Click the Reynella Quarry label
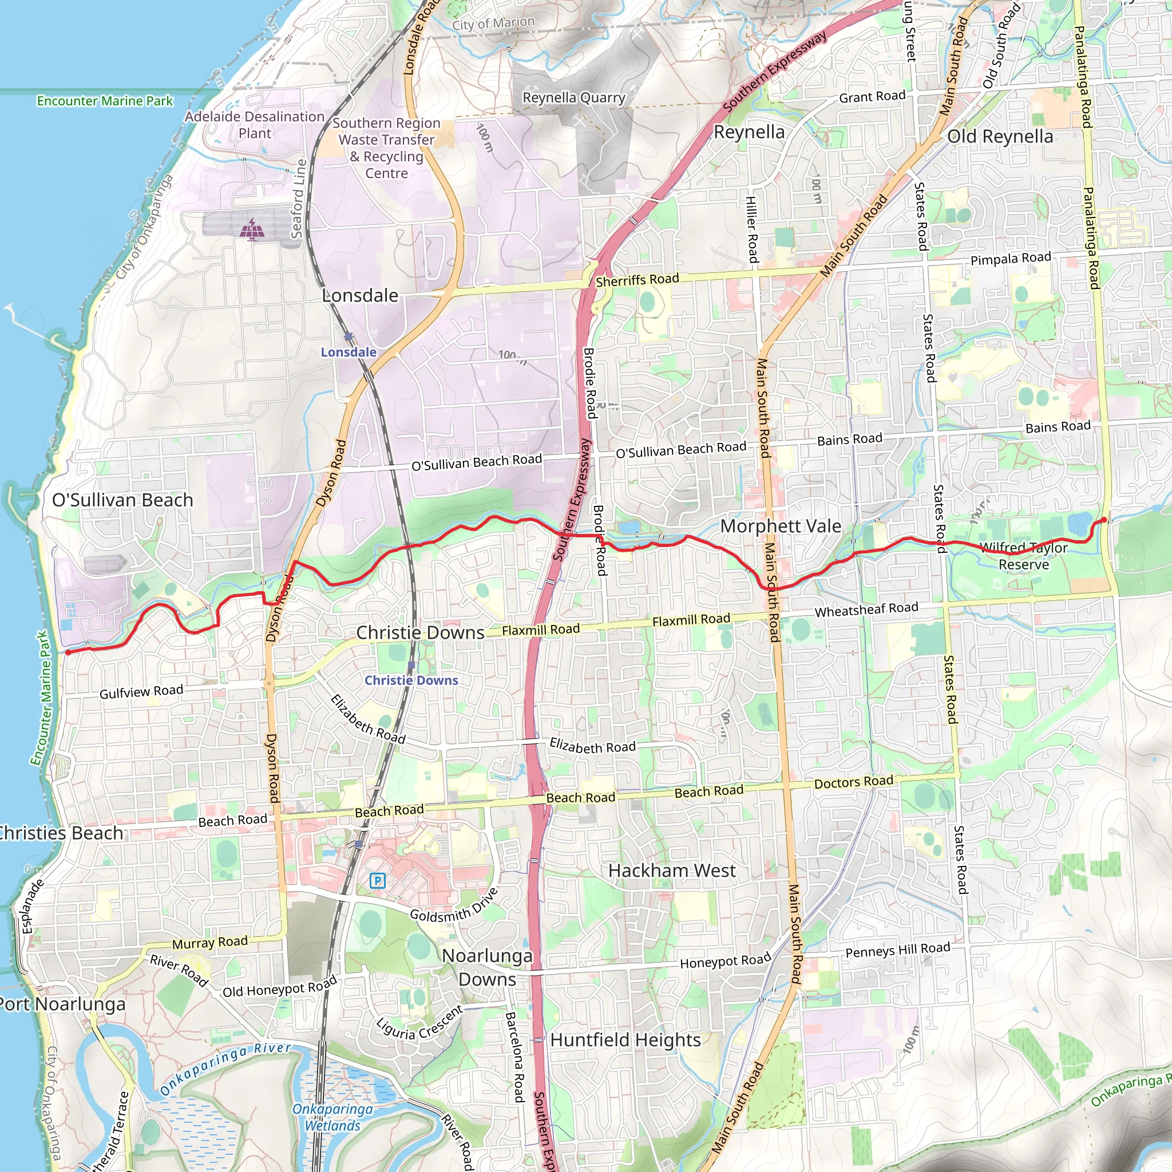(573, 98)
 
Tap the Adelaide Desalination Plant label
(255, 125)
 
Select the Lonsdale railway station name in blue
(349, 353)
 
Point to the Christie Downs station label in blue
(411, 680)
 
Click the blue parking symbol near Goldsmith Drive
(377, 880)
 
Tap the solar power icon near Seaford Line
(252, 229)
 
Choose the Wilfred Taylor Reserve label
(1024, 556)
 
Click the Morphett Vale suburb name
(781, 526)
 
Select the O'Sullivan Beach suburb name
(122, 501)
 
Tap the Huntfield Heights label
(625, 1040)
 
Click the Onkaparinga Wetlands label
(333, 1117)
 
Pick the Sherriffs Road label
(637, 280)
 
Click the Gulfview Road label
(141, 691)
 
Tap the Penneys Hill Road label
(898, 950)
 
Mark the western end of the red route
(68, 653)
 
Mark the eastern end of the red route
(1103, 519)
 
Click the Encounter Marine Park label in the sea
(105, 101)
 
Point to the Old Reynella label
(1000, 137)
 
